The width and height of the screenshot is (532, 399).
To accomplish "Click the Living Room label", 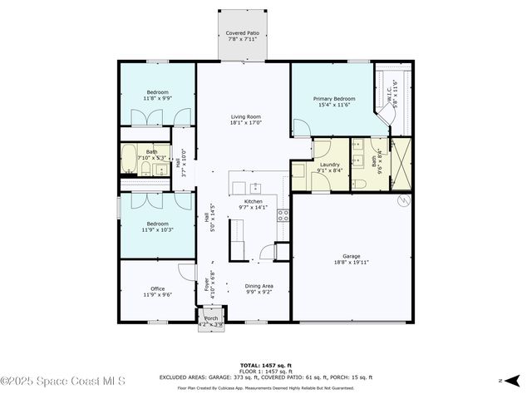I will [246, 117].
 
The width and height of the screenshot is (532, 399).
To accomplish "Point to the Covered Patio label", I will [243, 34].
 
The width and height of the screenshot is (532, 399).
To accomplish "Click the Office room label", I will [157, 288].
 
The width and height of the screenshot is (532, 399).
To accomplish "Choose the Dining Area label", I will [259, 286].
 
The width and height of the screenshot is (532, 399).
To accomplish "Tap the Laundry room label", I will [329, 165].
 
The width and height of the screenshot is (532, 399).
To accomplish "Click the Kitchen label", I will [253, 201].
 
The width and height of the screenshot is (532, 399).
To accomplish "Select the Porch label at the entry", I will [210, 318].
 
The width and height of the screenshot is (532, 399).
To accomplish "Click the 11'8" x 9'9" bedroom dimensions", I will [157, 98].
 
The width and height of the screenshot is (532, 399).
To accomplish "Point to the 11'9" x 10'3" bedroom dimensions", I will [157, 229].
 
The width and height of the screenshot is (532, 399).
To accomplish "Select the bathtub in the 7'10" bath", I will [131, 157].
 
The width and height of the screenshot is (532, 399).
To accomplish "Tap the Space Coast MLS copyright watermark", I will [63, 381].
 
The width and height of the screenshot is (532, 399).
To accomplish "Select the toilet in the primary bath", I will [358, 184].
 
